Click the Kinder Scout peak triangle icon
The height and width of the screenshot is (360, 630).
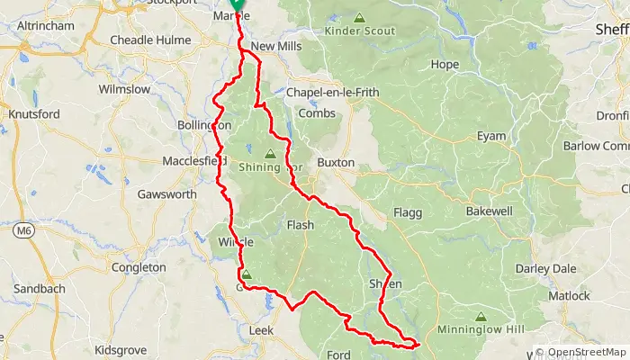359,17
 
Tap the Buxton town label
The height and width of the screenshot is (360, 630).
336,163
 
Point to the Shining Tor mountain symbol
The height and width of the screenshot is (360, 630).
269,153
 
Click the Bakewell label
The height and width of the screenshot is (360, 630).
489,211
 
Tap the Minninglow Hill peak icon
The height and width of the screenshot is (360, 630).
481,317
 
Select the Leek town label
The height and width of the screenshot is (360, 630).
260,331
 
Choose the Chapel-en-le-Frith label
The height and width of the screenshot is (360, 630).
332,93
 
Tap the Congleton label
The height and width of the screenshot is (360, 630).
138,267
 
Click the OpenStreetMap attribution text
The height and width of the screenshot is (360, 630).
583,352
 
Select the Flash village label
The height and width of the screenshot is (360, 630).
300,225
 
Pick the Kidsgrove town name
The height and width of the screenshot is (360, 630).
120,348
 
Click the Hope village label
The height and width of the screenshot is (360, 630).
445,65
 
